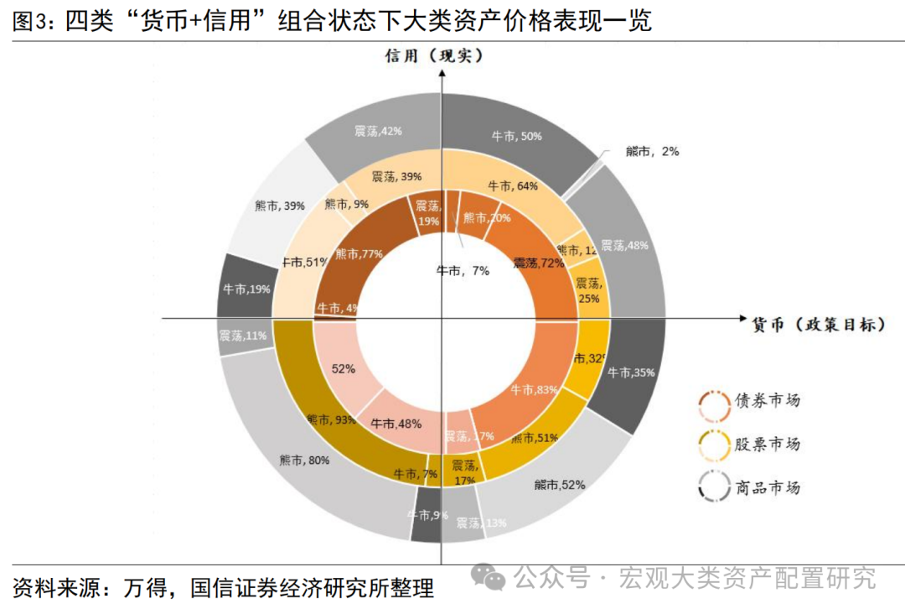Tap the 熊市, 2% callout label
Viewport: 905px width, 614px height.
[x=651, y=152]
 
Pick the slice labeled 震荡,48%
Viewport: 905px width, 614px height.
[x=625, y=245]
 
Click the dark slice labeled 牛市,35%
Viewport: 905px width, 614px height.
[x=631, y=372]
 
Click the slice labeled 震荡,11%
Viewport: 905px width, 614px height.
[x=243, y=336]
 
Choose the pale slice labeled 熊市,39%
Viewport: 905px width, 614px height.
[x=279, y=206]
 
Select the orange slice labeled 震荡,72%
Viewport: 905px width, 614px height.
[x=538, y=263]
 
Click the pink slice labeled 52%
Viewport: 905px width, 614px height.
[x=343, y=368]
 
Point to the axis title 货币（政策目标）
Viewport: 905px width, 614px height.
[x=817, y=324]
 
